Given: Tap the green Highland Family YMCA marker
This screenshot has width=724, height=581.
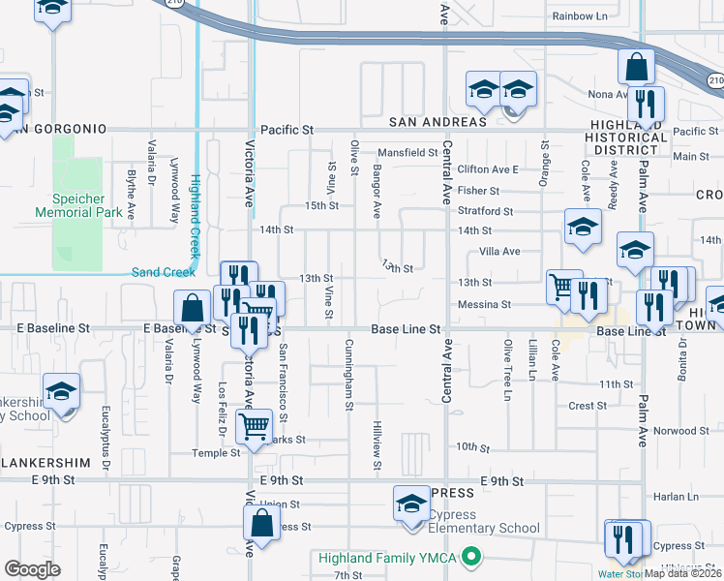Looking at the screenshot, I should [471, 557].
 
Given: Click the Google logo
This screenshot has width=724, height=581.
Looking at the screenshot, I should [32, 569].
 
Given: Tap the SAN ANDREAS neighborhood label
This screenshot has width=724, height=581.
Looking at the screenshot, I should [437, 122].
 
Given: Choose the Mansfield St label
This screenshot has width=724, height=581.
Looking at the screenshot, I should [407, 152].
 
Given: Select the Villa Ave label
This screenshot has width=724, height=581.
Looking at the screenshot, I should [499, 251].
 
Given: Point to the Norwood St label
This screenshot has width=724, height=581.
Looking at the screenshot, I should [680, 431].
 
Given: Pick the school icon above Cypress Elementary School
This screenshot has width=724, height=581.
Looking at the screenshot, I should [411, 505].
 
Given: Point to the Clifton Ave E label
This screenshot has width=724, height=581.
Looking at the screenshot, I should [488, 169].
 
